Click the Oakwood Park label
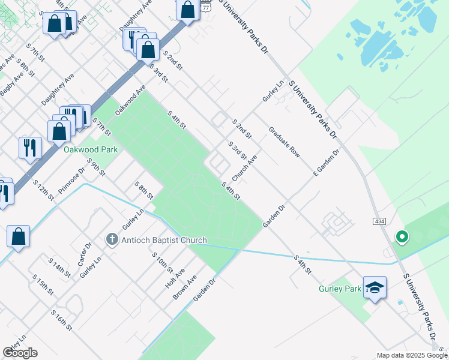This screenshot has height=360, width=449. [91, 149]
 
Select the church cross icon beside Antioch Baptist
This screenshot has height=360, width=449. [112, 240]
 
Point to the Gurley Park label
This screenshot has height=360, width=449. [340, 289]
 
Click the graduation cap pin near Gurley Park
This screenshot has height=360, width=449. [375, 288]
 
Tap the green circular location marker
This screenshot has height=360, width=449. [402, 237]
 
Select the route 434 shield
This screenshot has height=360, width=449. [379, 221]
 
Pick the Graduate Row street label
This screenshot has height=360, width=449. [284, 142]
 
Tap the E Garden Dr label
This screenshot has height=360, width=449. [326, 163]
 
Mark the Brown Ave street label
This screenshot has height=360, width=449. [185, 288]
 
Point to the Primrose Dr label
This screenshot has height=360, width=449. [72, 182]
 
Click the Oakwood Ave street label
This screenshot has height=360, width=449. [130, 100]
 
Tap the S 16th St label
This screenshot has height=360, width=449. [61, 320]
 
